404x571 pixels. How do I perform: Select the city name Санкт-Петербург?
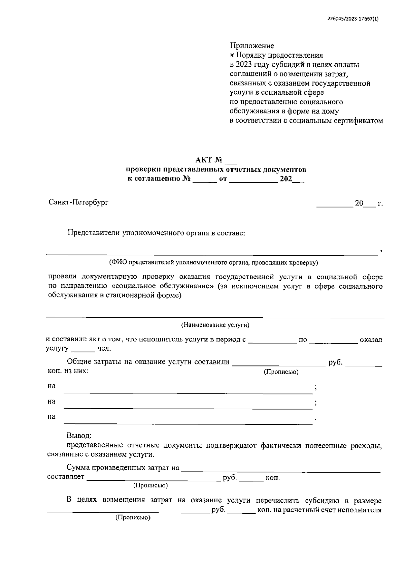point(78,202)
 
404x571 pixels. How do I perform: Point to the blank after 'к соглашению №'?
point(205,181)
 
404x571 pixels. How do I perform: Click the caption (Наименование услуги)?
point(215,325)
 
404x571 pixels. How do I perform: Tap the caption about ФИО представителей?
point(213,262)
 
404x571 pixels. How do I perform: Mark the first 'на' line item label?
point(52,386)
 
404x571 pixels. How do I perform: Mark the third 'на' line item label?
point(52,417)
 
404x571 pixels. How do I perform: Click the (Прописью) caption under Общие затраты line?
point(281,372)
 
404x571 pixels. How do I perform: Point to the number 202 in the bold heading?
point(286,179)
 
